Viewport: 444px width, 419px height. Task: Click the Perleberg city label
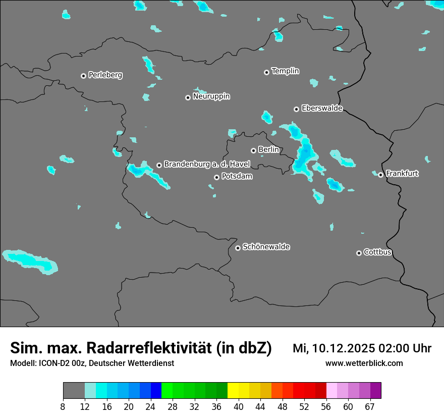105,75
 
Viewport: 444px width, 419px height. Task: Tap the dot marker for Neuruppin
188,97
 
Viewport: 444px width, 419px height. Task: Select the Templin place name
285,71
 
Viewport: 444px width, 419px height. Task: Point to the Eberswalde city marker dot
296,109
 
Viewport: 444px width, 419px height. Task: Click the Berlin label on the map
268,150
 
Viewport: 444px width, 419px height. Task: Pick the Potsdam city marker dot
216,177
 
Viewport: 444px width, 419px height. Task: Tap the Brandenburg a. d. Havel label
207,165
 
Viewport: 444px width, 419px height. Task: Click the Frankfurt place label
402,174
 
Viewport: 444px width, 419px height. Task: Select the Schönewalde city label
266,247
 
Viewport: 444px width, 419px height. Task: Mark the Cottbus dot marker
359,253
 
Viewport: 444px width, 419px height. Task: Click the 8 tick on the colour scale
63,406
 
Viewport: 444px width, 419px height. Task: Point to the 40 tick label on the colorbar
239,406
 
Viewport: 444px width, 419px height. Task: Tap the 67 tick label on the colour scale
370,406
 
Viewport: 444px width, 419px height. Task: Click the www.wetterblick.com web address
364,363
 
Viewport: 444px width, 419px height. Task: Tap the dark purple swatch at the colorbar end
375,391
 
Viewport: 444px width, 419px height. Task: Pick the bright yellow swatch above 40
233,391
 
